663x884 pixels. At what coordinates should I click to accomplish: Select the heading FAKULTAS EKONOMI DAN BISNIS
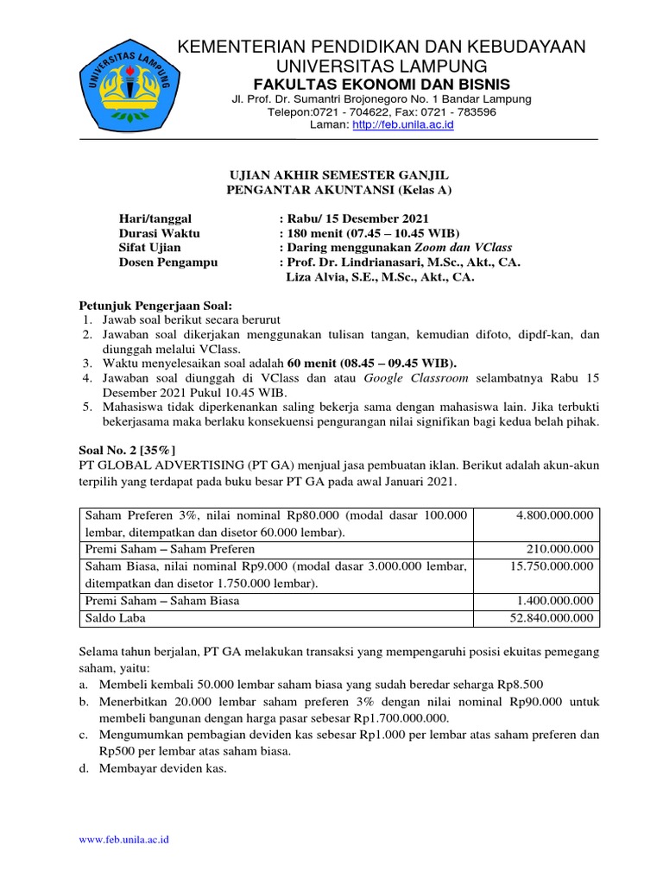[381, 84]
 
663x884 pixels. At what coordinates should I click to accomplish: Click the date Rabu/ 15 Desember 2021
[353, 218]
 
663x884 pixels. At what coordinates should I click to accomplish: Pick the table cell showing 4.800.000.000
[555, 515]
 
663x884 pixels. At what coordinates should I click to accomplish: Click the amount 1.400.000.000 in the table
[555, 601]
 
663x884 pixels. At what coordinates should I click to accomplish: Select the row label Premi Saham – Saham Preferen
[169, 549]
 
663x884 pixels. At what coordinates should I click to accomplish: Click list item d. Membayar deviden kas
[152, 768]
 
